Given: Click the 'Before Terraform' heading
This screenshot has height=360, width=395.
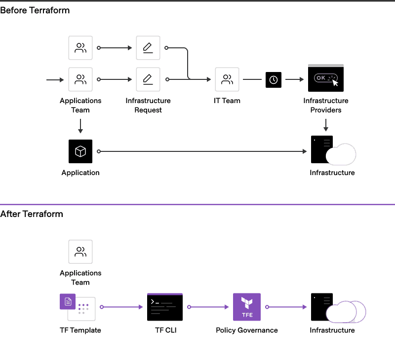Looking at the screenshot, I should tap(35, 10).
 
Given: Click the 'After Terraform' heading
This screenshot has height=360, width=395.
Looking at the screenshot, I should tap(32, 214).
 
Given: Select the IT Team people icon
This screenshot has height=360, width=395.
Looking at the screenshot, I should tap(227, 79).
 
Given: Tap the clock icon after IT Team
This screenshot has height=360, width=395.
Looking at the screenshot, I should tap(274, 80).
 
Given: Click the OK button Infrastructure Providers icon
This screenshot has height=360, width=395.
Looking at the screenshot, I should tap(326, 78).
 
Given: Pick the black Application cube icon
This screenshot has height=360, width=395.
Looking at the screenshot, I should tap(80, 151).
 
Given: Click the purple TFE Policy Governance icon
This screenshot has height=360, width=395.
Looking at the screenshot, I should tap(247, 307).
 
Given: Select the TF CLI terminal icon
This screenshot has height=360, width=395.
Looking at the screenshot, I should tap(165, 307).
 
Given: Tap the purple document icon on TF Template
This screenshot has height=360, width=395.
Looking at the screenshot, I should tap(68, 301).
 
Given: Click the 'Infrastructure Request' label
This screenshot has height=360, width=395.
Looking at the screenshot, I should tap(148, 106).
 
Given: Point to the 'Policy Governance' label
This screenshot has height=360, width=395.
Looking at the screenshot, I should tap(247, 330).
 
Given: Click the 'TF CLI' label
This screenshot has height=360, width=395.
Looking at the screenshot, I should tap(165, 330).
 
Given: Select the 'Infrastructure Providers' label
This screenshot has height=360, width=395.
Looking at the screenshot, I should tap(326, 106).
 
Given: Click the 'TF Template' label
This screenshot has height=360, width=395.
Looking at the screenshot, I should tap(80, 330).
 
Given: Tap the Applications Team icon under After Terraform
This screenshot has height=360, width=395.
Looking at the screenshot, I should tap(80, 252).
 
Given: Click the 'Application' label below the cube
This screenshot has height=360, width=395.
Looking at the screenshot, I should tap(80, 173).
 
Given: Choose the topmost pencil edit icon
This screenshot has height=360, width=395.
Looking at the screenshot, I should tap(148, 48).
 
